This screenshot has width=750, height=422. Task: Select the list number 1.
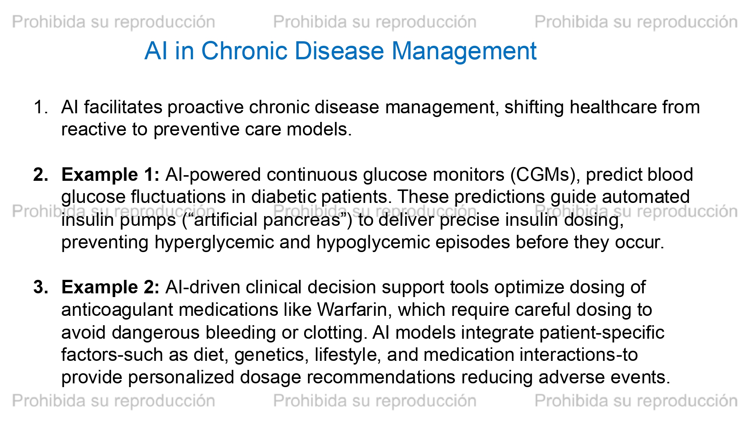click(40, 107)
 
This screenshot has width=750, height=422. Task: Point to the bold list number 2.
click(41, 175)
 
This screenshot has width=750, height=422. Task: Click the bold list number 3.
click(41, 287)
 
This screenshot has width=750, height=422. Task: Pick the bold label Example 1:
click(111, 175)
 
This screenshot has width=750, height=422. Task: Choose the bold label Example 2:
click(111, 288)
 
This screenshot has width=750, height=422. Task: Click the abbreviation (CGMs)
click(543, 175)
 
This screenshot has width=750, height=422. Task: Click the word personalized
click(181, 378)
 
